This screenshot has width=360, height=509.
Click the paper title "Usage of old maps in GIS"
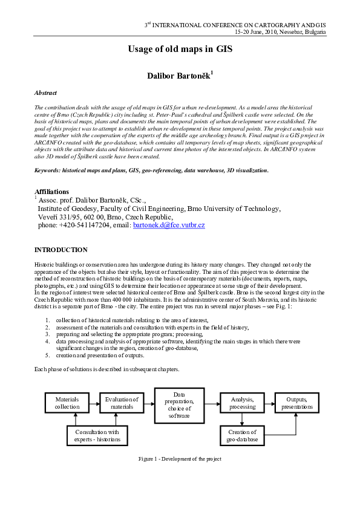pyautogui.click(x=180, y=50)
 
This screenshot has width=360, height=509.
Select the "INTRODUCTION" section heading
pyautogui.click(x=61, y=250)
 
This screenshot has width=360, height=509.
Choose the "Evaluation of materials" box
pyautogui.click(x=122, y=403)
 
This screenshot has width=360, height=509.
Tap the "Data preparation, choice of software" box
pyautogui.click(x=178, y=404)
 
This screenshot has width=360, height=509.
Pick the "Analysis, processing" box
pyautogui.click(x=242, y=403)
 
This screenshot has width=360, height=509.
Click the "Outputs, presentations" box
pyautogui.click(x=296, y=403)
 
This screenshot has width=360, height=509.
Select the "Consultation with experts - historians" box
pyautogui.click(x=97, y=435)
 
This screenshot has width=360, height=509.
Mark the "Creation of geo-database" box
pyautogui.click(x=242, y=435)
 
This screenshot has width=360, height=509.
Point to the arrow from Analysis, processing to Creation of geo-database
pyautogui.click(x=242, y=420)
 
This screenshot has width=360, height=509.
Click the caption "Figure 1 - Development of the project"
pyautogui.click(x=180, y=459)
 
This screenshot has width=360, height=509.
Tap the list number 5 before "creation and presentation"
pyautogui.click(x=48, y=355)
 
